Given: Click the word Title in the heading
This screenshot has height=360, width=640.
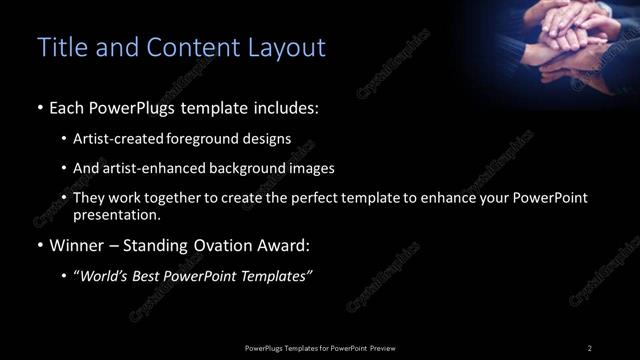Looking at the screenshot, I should coord(59,47).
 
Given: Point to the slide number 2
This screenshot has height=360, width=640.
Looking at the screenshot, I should coord(589,347).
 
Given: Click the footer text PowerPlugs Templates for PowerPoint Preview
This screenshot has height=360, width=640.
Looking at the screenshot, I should coord(319,347).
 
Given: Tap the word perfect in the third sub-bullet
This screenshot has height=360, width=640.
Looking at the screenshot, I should coord(331,198).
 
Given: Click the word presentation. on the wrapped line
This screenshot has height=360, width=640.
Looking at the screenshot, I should coord(116,214).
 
